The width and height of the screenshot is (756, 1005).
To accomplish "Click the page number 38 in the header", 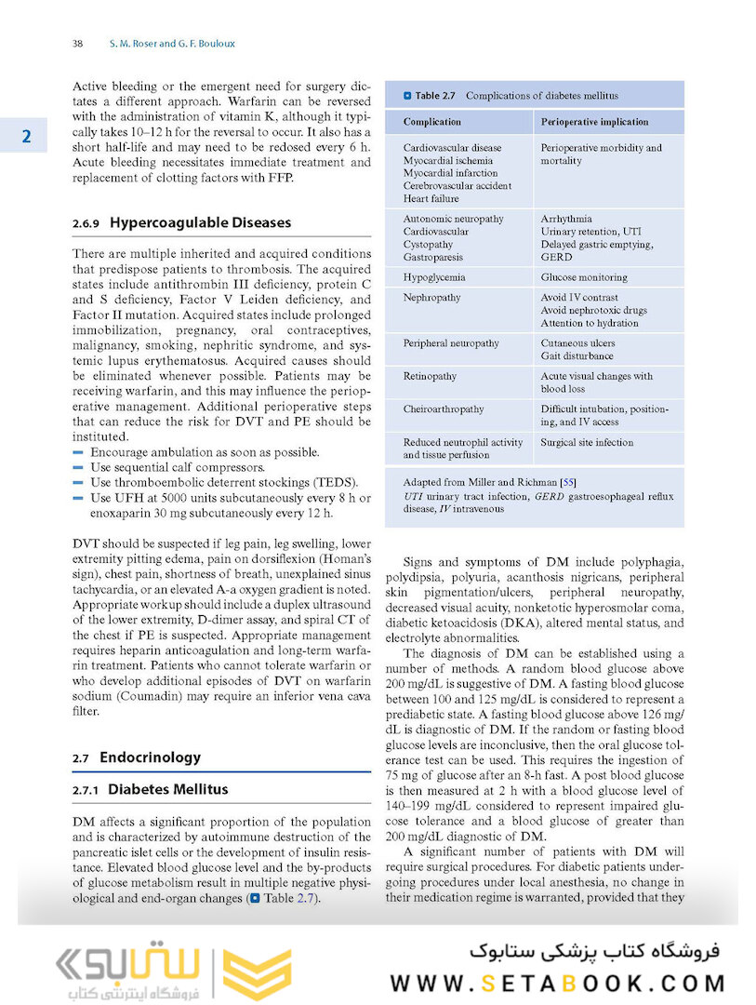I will click(x=78, y=44).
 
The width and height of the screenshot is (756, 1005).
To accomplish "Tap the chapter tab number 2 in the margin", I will click(x=27, y=137).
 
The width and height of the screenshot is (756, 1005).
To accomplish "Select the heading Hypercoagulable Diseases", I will click(x=200, y=223).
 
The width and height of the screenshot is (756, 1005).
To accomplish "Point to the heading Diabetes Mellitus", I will click(x=167, y=789).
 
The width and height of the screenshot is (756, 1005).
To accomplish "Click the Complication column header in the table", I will click(x=432, y=122).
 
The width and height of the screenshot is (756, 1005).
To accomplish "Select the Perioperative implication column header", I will click(x=594, y=122).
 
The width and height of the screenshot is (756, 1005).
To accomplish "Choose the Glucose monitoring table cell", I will click(x=584, y=277).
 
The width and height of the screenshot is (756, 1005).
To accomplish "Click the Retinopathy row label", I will click(x=430, y=377).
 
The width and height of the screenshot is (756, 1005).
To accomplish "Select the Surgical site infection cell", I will click(x=587, y=443).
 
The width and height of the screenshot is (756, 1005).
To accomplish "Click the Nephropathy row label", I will click(x=431, y=298).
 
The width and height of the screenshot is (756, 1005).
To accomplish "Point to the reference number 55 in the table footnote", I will click(x=566, y=483).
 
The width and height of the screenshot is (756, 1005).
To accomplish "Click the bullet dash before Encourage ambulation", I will click(x=77, y=452).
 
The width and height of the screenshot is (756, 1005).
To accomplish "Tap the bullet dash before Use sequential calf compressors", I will click(x=77, y=467).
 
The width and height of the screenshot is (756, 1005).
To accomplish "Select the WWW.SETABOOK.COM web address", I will click(x=557, y=983).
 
